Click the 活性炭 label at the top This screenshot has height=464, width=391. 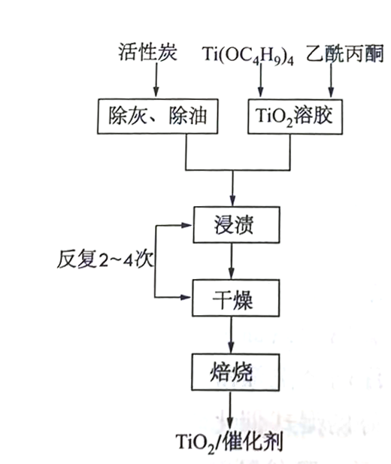[x=147, y=53]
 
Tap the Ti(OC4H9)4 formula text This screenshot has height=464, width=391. [x=248, y=56]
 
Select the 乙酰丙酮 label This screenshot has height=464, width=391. [x=345, y=53]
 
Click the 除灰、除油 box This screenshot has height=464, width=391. [x=158, y=117]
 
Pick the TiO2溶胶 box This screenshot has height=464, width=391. [x=295, y=117]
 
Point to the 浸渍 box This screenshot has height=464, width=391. [x=237, y=225]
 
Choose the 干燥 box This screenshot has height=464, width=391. [x=236, y=298]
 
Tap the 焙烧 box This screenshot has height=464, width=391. [x=235, y=372]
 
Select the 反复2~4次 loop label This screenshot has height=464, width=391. [x=105, y=259]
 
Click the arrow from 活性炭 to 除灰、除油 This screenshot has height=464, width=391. [x=156, y=80]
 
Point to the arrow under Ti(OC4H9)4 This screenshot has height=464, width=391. [x=260, y=80]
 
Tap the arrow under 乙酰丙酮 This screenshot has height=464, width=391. [x=331, y=80]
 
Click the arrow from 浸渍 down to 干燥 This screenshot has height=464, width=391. [x=232, y=261]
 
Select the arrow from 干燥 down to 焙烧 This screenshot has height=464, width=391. [x=231, y=335]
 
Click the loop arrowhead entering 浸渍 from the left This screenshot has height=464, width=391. [x=186, y=225]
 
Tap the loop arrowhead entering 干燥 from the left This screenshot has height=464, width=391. [x=186, y=297]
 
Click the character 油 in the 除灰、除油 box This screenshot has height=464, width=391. [x=197, y=116]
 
